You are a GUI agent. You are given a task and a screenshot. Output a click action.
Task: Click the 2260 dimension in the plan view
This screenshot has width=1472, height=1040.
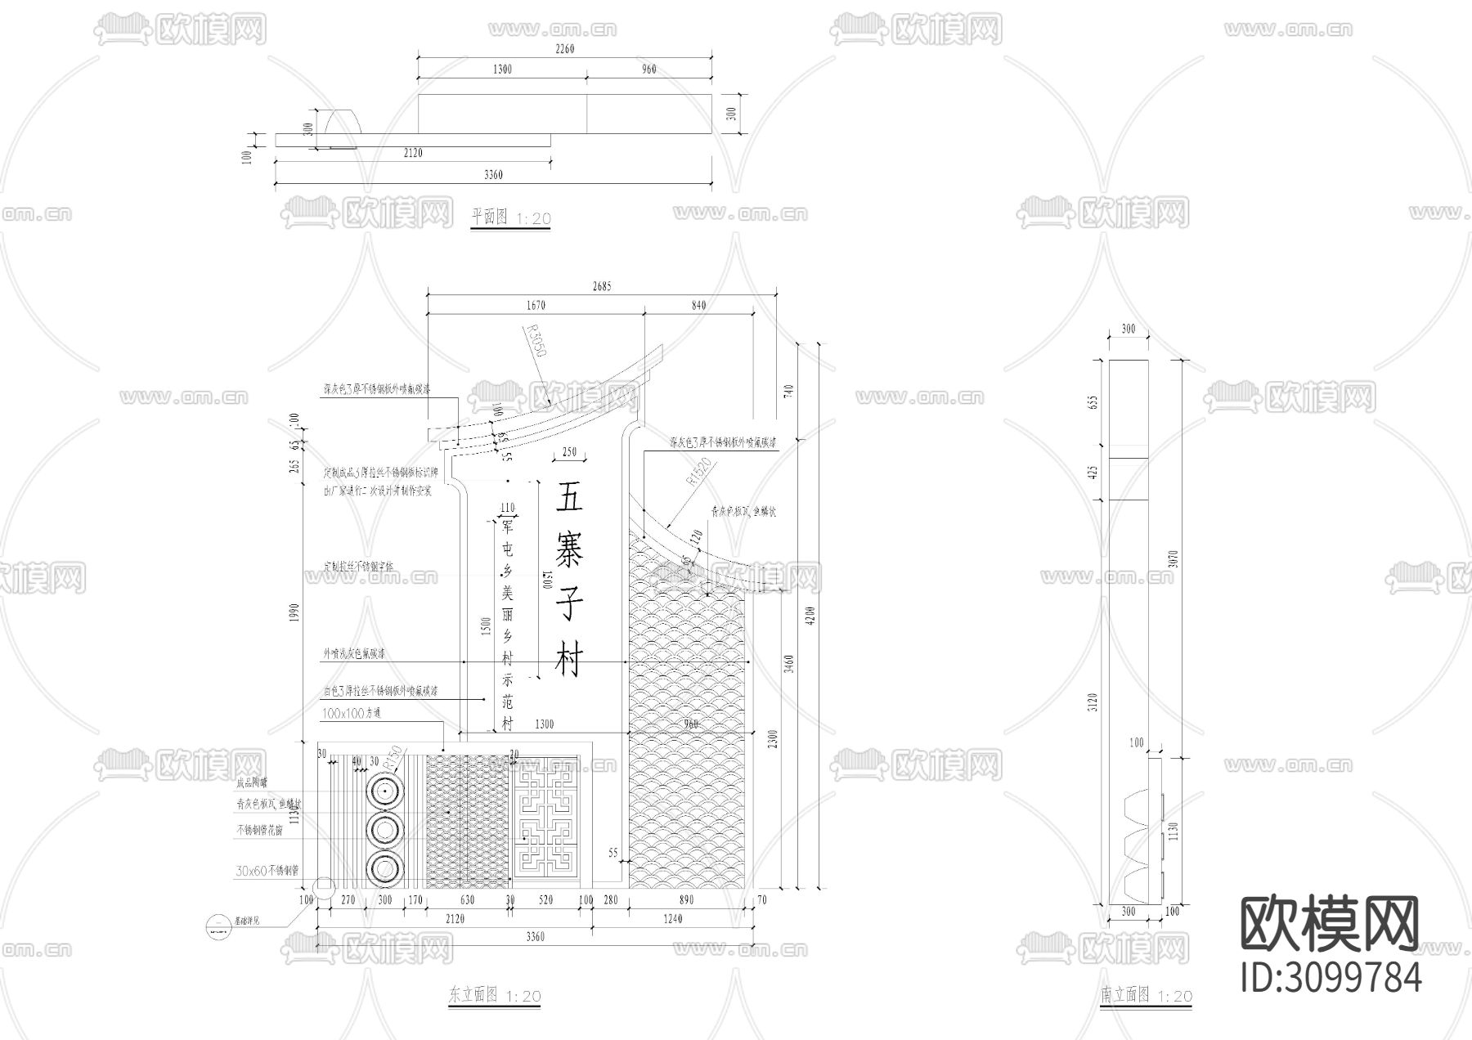565,48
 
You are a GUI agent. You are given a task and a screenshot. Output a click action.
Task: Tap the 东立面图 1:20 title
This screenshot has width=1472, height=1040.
495,995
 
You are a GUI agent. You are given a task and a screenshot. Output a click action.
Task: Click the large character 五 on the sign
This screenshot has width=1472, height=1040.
570,496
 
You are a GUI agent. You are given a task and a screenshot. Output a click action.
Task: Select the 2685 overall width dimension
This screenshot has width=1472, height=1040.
601,286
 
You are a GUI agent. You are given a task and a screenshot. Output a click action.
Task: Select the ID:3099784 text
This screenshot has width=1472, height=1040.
1331,977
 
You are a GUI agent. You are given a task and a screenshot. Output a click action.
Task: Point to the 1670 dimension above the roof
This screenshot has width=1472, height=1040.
536,305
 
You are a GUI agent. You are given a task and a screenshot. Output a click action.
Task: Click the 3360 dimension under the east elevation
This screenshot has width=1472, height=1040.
536,936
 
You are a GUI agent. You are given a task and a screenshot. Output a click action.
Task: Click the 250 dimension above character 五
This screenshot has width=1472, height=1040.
569,451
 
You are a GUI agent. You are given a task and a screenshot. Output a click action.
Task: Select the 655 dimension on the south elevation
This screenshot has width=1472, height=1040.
1093,401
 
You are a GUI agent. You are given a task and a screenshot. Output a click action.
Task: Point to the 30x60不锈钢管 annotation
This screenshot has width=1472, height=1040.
267,871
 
